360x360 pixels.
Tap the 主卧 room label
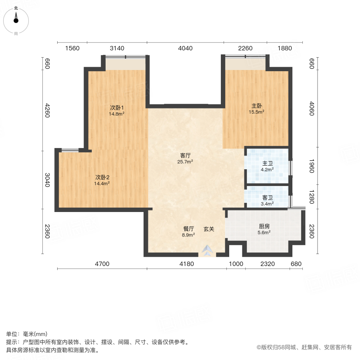pos(256,106)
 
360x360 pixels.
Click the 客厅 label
pos(185,155)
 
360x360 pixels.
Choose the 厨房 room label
pos(264,226)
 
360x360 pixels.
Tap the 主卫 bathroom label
pos(268,164)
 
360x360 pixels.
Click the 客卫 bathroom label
pos(268,198)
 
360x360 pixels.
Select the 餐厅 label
pos(189,229)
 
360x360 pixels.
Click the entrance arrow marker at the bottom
pos(207,251)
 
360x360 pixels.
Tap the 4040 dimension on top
pos(185,48)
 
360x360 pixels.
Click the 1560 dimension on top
pos(72,48)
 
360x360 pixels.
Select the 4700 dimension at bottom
pos(102,264)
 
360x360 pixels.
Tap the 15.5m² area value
pos(256,112)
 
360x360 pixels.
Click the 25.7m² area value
pos(185,162)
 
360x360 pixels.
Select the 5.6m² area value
pos(264,232)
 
